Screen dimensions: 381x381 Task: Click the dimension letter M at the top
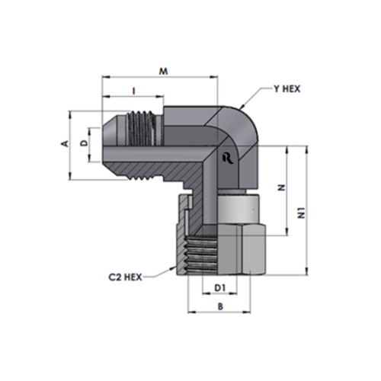point(163,72)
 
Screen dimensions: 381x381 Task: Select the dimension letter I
point(134,91)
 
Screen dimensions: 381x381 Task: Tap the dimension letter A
point(66,143)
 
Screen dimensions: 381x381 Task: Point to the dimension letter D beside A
point(84,143)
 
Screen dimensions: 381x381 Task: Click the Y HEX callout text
point(287,89)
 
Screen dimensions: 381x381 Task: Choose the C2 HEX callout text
point(125,277)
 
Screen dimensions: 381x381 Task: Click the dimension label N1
point(302,213)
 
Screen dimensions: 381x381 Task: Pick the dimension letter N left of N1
point(281,188)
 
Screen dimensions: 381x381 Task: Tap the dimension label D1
point(220,288)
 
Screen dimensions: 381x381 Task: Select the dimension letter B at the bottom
point(220,306)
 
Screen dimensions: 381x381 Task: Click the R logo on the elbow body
point(228,158)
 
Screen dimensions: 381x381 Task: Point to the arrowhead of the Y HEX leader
point(242,107)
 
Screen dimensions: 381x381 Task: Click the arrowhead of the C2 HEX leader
point(173,267)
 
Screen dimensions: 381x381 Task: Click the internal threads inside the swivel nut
point(202,255)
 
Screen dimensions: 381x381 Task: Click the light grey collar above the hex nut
point(238,207)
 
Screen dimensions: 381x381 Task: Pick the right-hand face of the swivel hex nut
point(253,250)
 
